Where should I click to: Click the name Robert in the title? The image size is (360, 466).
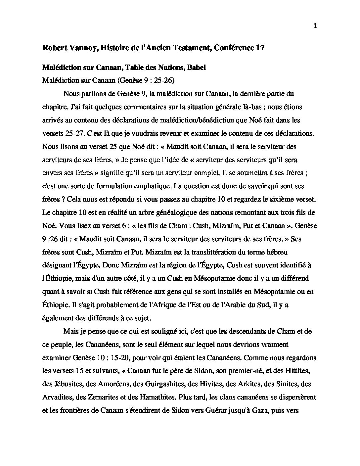(x=54, y=48)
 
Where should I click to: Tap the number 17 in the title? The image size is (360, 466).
(x=260, y=48)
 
